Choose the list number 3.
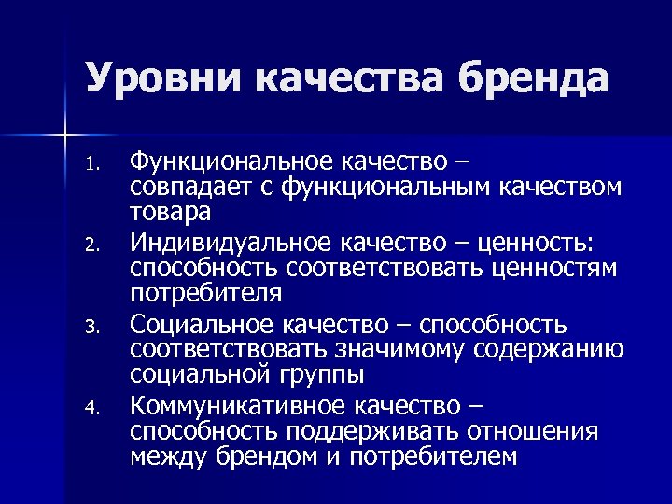coord(91,328)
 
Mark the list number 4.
coord(91,408)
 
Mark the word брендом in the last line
coord(253,456)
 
